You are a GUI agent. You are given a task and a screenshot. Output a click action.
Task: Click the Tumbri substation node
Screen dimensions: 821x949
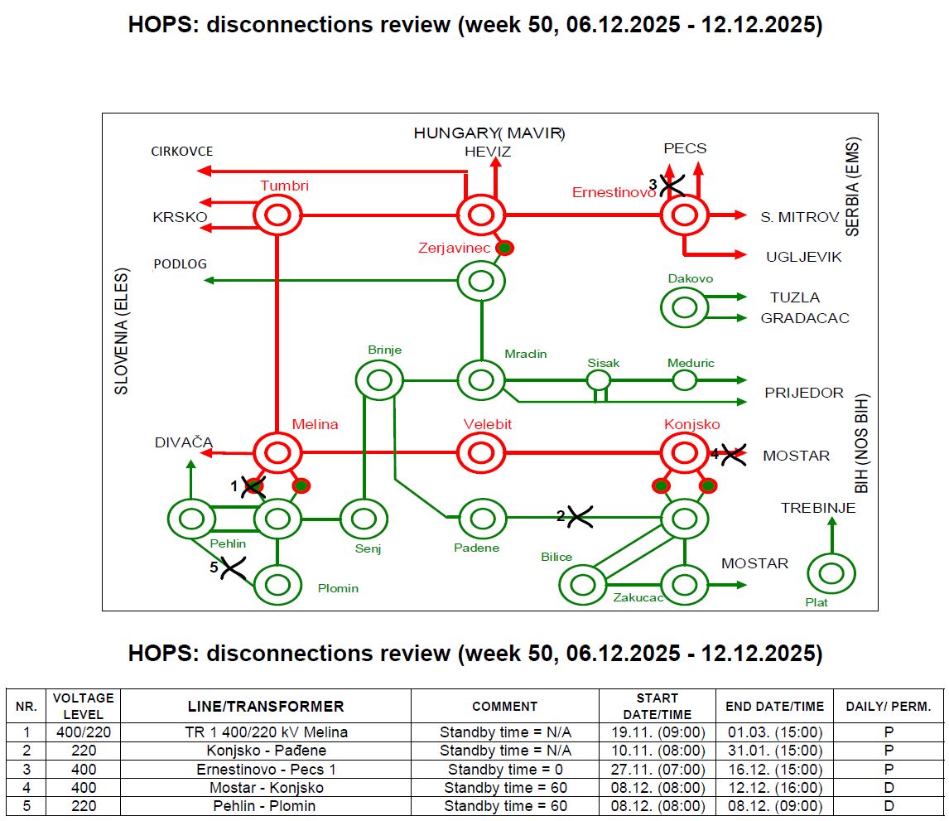pyautogui.click(x=277, y=216)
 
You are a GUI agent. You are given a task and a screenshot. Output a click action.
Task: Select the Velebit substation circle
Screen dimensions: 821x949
pyautogui.click(x=480, y=453)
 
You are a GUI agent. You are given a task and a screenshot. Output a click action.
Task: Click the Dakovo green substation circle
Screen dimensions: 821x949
pyautogui.click(x=684, y=307)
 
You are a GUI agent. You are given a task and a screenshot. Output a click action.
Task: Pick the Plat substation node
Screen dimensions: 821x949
pyautogui.click(x=831, y=573)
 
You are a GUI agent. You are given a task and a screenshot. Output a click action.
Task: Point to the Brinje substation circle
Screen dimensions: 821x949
pyautogui.click(x=379, y=380)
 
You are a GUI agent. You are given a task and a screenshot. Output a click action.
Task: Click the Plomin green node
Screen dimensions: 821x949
pyautogui.click(x=277, y=584)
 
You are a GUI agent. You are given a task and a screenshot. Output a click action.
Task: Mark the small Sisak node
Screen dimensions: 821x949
pyautogui.click(x=599, y=380)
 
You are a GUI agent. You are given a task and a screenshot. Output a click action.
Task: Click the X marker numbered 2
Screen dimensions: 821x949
pyautogui.click(x=579, y=517)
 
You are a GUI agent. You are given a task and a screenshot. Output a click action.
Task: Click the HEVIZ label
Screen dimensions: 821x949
pyautogui.click(x=488, y=152)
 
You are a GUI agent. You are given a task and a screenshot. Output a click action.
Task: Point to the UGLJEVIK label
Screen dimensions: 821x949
pyautogui.click(x=803, y=257)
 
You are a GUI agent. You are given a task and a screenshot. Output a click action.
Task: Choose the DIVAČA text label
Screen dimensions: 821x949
pyautogui.click(x=183, y=442)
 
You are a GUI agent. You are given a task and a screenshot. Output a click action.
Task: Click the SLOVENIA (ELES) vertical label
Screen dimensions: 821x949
pyautogui.click(x=121, y=331)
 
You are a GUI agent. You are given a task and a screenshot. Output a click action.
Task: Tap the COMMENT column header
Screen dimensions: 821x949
pyautogui.click(x=504, y=707)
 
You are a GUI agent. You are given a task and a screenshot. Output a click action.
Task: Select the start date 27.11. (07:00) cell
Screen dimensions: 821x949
pyautogui.click(x=658, y=769)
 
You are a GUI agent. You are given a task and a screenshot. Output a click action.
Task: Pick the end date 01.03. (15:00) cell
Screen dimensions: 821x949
pyautogui.click(x=774, y=732)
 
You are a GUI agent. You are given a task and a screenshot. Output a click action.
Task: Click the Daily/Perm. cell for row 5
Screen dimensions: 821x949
pyautogui.click(x=888, y=806)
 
